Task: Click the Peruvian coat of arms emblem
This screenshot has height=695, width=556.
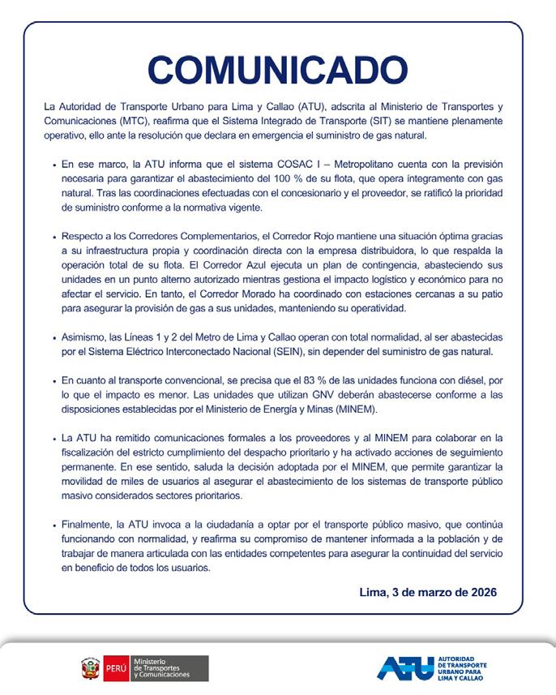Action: (90, 668)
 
